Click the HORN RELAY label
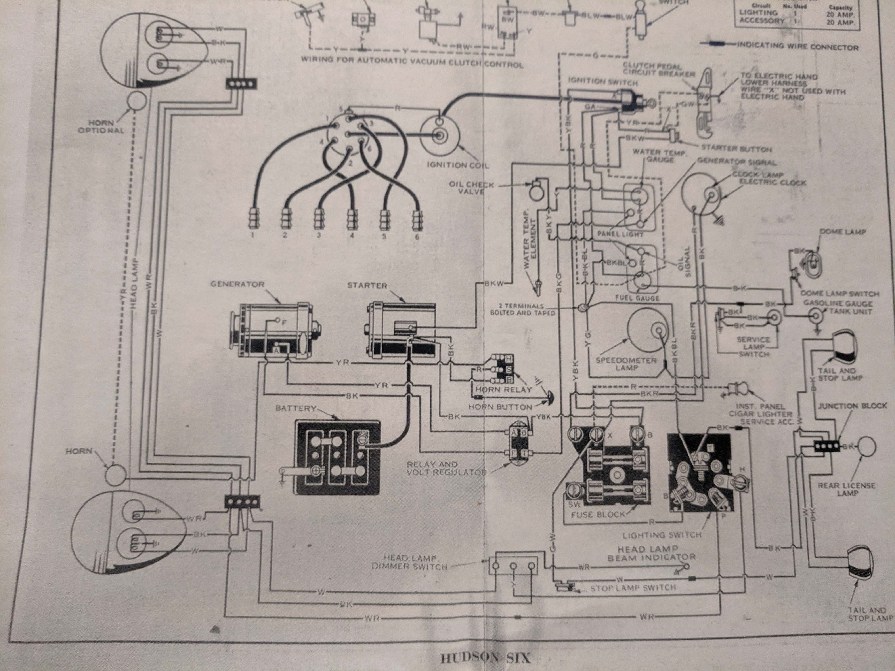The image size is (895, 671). click(x=503, y=389)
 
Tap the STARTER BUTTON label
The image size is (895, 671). click(x=736, y=149)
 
